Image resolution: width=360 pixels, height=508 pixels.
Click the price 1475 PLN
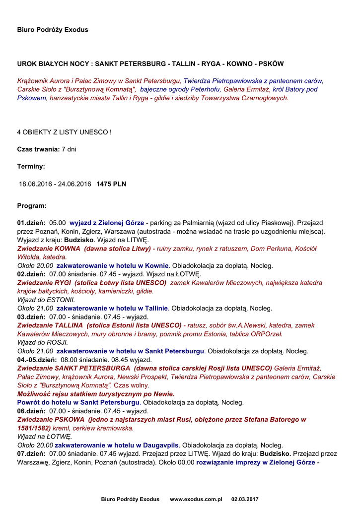point(111,184)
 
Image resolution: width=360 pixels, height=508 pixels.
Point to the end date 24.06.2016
point(75,184)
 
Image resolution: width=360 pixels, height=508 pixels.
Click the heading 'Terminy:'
point(31,167)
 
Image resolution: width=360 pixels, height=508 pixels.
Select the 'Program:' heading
point(32,205)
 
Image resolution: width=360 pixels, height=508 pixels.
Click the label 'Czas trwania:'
point(38,149)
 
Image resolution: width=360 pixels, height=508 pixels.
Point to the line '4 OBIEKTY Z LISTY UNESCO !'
point(64,132)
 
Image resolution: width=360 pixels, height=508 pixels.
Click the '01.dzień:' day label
point(31,223)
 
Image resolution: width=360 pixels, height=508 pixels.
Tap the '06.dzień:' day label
point(31,411)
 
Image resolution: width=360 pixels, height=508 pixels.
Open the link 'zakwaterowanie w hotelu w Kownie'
point(113,266)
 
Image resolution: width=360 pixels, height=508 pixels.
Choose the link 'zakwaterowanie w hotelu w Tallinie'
point(112,308)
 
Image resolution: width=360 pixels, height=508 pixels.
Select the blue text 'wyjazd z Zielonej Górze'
point(107,223)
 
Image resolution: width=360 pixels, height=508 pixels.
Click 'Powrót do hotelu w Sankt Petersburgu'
point(78,402)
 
